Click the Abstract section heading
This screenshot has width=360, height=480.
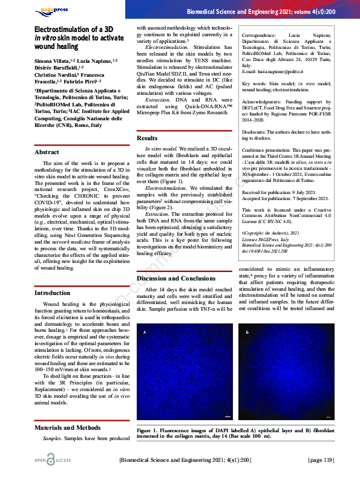[47, 152]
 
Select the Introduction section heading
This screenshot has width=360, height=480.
[53, 293]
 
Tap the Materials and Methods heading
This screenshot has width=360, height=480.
[67, 427]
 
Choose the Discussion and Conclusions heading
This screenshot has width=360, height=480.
[175, 278]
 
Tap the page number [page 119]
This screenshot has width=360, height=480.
[320, 461]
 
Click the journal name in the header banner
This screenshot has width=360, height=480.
[270, 11]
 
